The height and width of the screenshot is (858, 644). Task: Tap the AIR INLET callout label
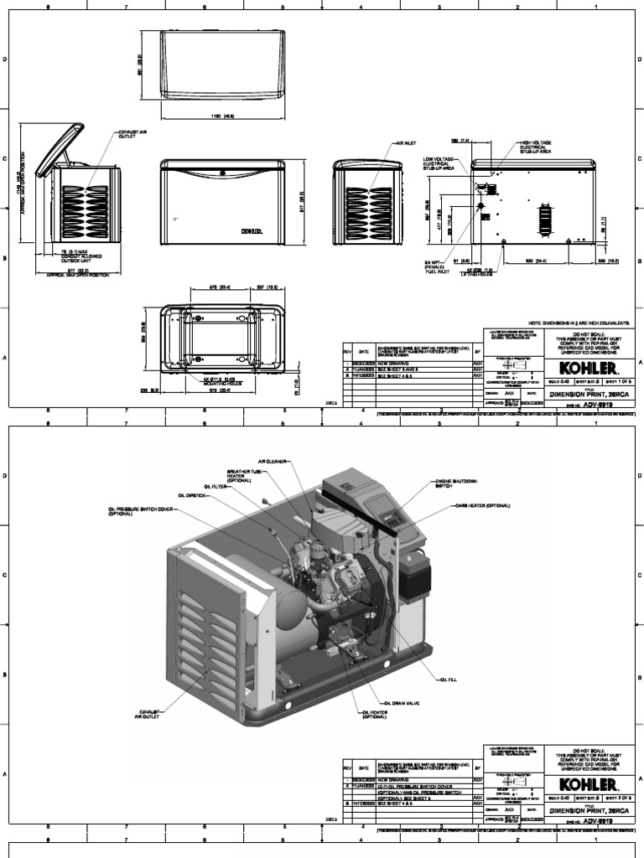point(406,143)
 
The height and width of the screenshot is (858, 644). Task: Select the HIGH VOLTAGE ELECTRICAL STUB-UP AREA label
point(539,148)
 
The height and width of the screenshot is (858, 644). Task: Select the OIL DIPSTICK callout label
point(192,494)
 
